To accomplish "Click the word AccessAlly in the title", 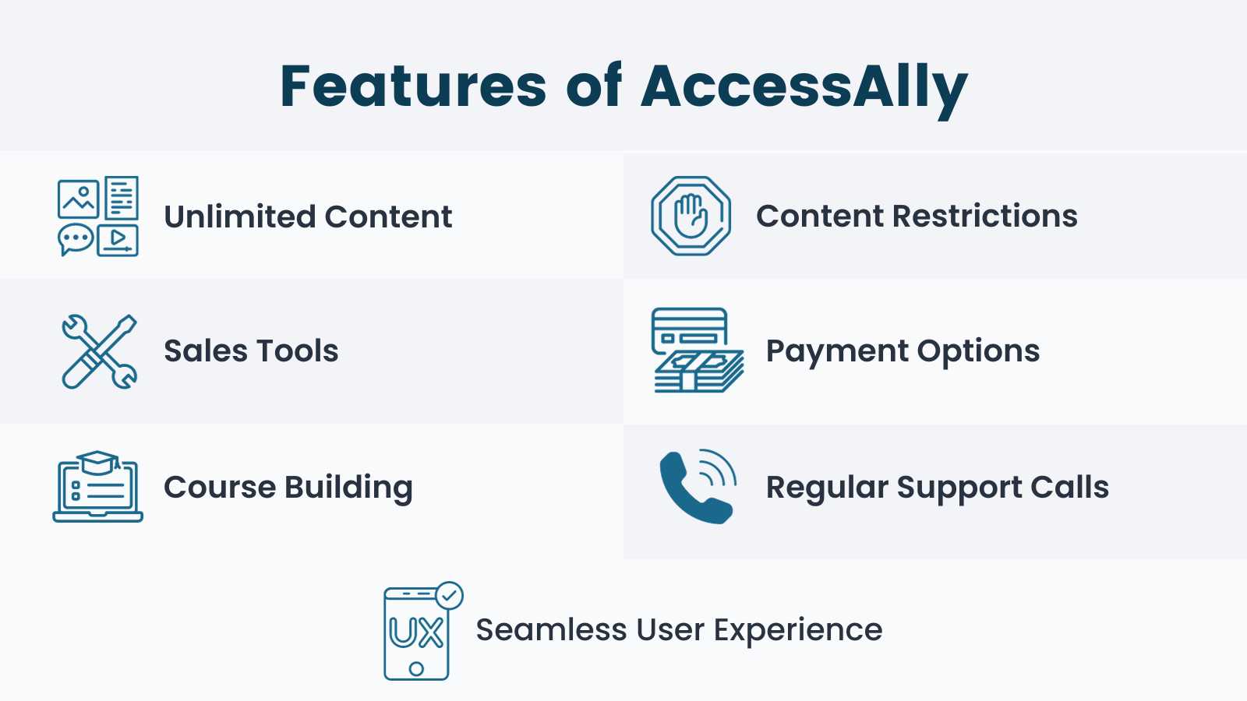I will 804,86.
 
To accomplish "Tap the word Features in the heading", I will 413,86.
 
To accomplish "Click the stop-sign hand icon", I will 691,216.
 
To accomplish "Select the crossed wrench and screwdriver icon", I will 99,351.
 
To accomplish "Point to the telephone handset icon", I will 697,487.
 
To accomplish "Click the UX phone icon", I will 417,632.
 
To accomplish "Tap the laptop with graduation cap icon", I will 97,487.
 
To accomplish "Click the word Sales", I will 205,351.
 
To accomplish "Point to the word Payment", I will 837,351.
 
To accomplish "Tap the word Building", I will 348,488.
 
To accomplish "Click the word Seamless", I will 551,629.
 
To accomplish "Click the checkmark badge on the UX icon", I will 449,596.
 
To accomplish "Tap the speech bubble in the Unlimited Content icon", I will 76,239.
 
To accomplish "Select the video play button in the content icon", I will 118,240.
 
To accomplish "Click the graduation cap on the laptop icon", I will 98,462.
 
